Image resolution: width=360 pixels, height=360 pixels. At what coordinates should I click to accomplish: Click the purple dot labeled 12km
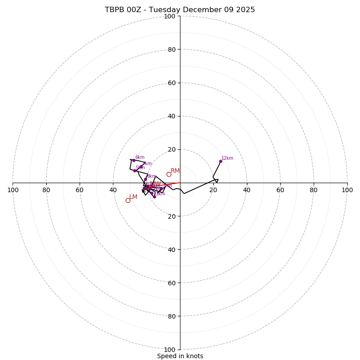220,161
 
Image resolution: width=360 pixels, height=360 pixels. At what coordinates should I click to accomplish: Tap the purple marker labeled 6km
134,160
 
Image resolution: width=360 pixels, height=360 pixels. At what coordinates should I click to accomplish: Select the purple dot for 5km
135,171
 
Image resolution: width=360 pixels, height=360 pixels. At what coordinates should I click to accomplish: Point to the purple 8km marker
145,179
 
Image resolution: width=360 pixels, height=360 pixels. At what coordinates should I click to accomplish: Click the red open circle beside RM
169,175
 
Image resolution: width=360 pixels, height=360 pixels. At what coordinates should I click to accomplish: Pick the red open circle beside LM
128,200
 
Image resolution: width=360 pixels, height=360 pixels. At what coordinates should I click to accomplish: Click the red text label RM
175,171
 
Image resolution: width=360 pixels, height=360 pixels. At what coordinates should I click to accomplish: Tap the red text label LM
133,197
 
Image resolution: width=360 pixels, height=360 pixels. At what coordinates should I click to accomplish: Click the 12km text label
227,158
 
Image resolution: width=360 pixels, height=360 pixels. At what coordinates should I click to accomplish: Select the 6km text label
140,157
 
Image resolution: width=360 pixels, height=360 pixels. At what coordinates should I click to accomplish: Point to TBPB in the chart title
115,10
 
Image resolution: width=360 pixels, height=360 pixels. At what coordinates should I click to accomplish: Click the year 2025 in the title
246,10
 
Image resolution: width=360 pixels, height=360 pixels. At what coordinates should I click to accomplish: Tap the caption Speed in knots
180,356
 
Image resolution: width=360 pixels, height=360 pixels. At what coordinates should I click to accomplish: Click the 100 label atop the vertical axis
170,16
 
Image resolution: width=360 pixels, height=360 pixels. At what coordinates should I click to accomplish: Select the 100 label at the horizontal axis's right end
347,190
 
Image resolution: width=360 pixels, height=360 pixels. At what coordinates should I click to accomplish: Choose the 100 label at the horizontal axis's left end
13,190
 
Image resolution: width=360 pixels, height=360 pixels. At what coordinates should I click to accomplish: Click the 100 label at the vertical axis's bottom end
170,349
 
